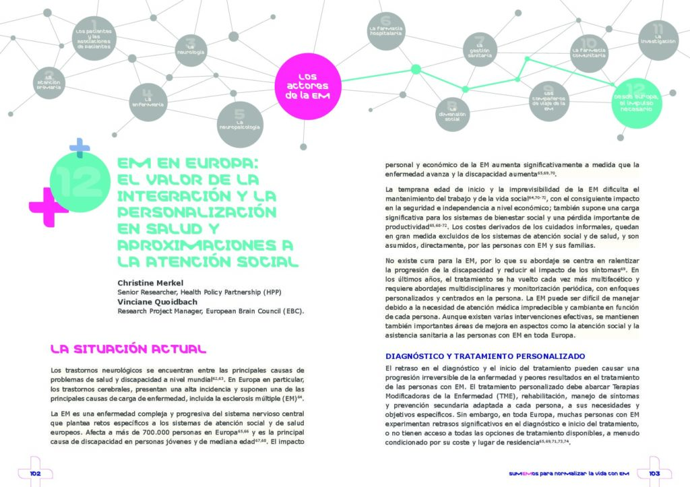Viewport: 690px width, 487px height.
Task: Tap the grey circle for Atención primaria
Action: point(48,81)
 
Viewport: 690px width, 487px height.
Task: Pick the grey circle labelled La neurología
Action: point(191,49)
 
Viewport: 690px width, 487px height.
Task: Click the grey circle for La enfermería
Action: point(148,102)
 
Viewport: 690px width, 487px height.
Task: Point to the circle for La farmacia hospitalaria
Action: point(385,30)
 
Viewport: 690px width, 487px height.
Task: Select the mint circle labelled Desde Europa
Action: point(637,101)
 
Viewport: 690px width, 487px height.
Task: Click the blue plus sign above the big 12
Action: point(80,148)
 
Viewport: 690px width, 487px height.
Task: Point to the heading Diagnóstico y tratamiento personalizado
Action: point(484,356)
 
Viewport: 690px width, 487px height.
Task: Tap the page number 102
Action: point(36,474)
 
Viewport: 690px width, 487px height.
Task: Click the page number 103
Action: point(653,474)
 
